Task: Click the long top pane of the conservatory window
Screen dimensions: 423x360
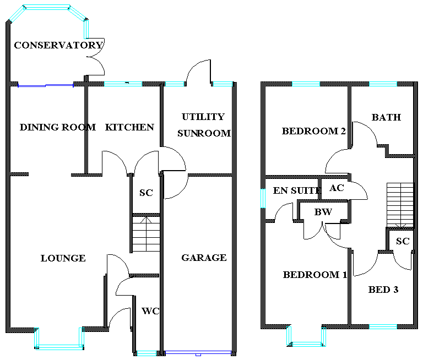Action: [x=47, y=7]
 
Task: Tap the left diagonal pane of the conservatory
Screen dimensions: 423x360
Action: [x=17, y=14]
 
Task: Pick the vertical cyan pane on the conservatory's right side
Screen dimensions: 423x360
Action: [x=86, y=29]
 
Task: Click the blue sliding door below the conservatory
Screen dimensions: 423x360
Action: [x=45, y=85]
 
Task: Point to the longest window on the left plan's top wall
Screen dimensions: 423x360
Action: [x=123, y=84]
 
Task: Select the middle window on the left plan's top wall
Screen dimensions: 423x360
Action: [x=175, y=84]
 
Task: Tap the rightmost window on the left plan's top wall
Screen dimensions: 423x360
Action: [x=223, y=84]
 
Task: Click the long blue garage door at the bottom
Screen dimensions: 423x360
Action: [x=198, y=353]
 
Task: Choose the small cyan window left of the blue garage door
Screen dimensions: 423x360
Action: [x=147, y=353]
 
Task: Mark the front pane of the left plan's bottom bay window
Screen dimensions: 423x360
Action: [x=59, y=347]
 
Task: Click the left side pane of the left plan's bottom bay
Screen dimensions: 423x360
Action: [x=37, y=336]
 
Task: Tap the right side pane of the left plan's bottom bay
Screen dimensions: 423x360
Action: [x=82, y=336]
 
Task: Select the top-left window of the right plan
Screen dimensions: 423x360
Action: [x=306, y=84]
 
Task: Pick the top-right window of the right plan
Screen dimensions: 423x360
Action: [x=383, y=84]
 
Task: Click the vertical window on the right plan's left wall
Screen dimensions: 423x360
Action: [x=263, y=198]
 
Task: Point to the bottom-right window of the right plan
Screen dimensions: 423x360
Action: [x=383, y=326]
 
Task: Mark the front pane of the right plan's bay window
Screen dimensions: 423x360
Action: [x=306, y=344]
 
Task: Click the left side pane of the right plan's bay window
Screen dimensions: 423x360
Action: [x=289, y=335]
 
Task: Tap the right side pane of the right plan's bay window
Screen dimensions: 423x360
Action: [x=324, y=336]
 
